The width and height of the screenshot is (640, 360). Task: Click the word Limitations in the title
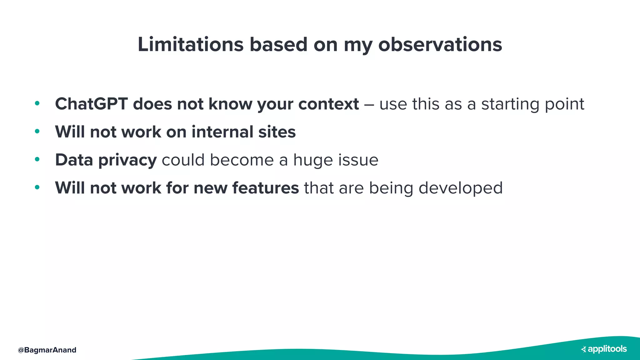[x=190, y=44]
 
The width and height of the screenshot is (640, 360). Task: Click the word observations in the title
[x=440, y=44]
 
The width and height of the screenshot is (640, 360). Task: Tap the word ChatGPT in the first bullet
[x=91, y=104]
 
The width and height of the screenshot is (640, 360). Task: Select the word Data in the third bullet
[x=74, y=160]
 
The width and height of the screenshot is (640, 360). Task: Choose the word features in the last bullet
[x=266, y=188]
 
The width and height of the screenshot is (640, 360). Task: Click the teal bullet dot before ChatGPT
[x=37, y=103]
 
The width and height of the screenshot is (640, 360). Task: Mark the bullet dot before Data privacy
[x=37, y=159]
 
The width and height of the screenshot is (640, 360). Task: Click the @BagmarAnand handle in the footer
[x=47, y=350]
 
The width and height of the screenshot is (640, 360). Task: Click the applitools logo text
[x=607, y=349]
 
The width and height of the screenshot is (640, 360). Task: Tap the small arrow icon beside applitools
[x=583, y=349]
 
